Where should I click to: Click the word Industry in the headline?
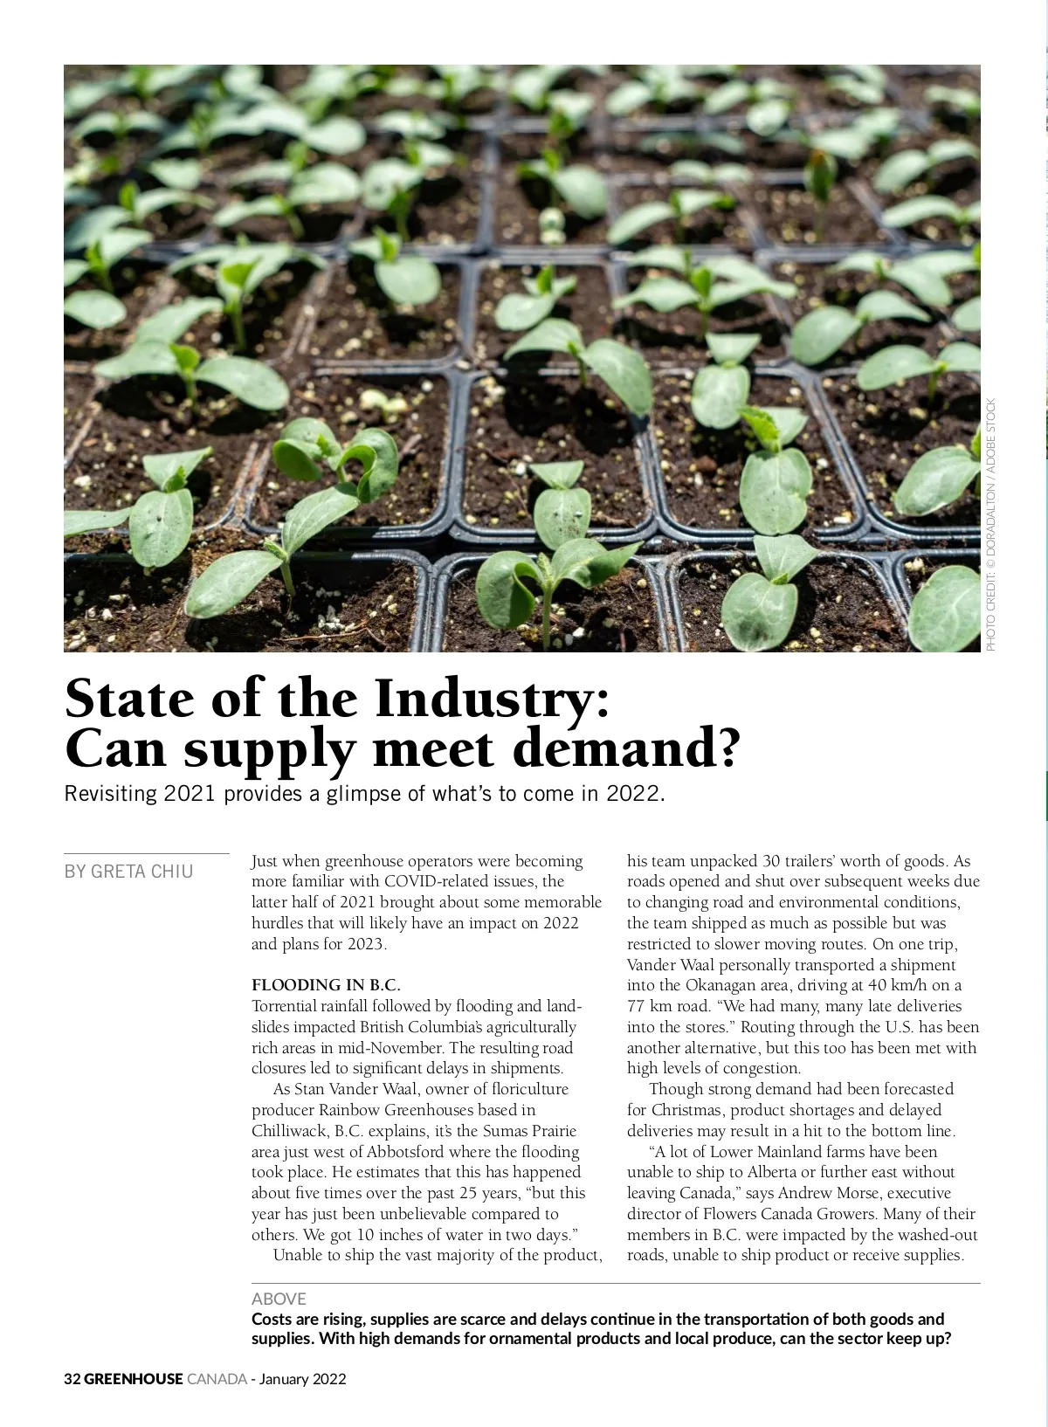point(493,699)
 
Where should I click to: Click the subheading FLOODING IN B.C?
point(326,985)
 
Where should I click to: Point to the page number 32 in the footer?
point(72,1379)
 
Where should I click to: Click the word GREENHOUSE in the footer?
point(134,1379)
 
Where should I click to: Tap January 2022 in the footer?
point(303,1379)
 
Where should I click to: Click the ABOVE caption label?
point(279,1299)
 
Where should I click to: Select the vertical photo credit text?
point(990,524)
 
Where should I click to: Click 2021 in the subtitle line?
point(190,794)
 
